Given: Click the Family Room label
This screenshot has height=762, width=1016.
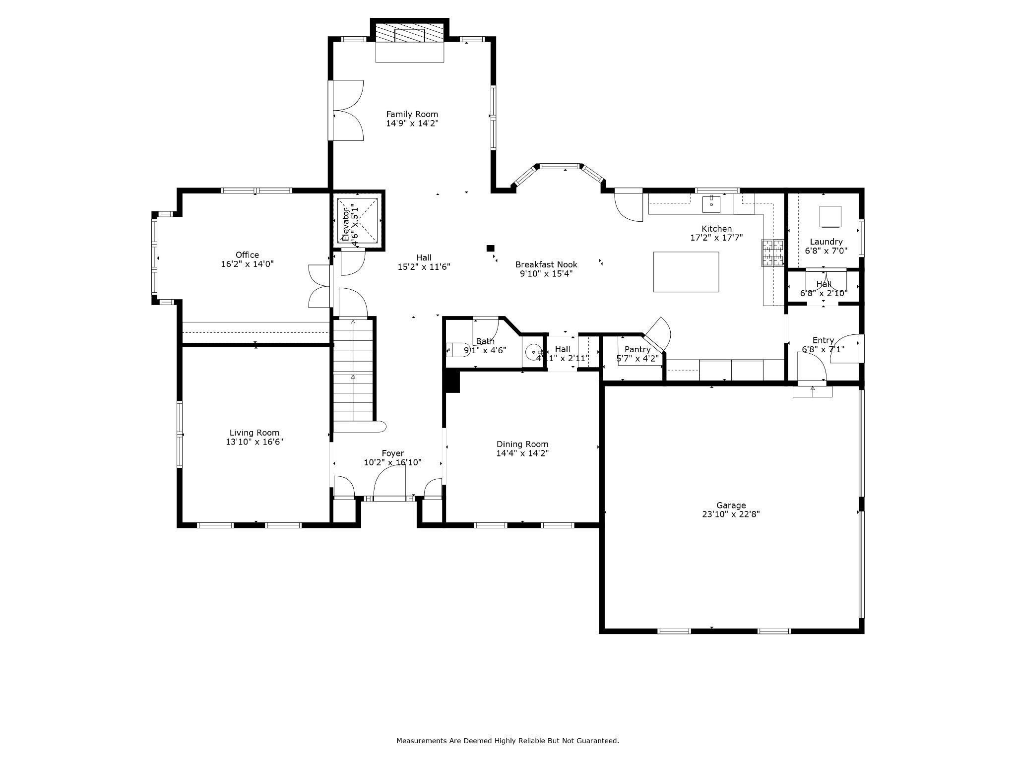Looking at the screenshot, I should (412, 115).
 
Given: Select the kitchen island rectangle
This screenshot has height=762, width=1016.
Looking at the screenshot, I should (686, 271).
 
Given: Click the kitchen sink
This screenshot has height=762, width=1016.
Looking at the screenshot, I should (711, 202).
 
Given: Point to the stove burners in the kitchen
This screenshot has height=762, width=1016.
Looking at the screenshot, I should (772, 252).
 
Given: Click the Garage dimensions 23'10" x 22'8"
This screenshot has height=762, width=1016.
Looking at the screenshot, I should (731, 514).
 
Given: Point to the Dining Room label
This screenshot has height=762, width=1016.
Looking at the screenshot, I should (522, 444).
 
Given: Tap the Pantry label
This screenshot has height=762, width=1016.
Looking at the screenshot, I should (637, 349).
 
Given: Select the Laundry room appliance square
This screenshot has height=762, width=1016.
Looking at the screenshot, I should (830, 216).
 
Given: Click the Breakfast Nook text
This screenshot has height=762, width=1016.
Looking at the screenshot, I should (546, 264).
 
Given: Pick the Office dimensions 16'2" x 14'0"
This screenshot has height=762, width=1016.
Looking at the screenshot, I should (247, 264).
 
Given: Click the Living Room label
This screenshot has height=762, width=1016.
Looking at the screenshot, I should (254, 433).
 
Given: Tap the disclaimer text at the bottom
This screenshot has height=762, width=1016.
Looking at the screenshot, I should (507, 741).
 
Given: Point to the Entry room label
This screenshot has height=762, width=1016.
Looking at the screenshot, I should (823, 340).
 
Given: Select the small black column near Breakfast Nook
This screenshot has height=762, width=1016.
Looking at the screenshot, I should (490, 248).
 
